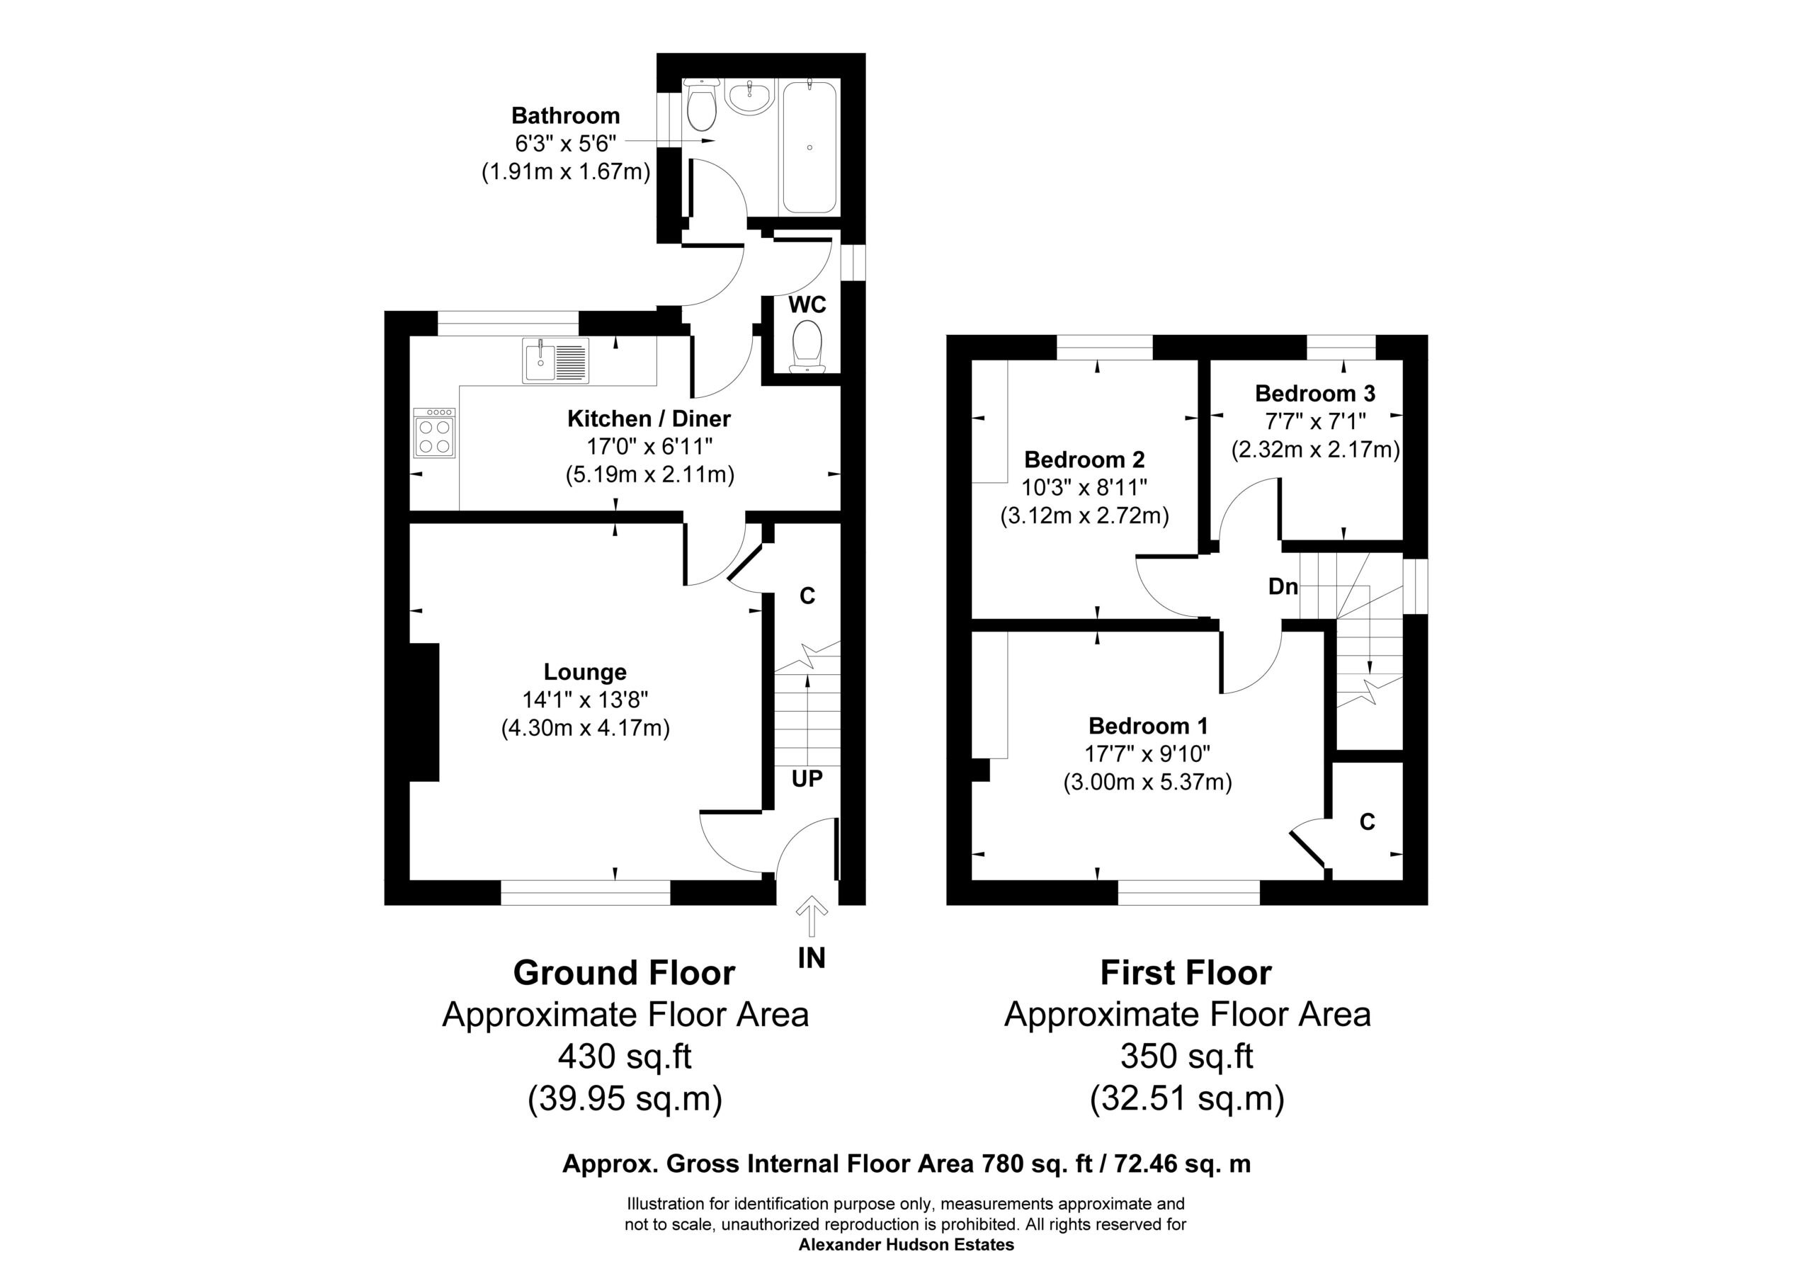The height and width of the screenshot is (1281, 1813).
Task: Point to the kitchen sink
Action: tap(556, 360)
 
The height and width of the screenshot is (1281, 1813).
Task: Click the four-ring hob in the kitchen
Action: tap(434, 433)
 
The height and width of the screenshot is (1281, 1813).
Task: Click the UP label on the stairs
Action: tap(807, 779)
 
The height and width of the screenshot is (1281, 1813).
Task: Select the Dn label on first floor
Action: tap(1283, 587)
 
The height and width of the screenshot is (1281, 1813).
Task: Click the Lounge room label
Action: tap(585, 672)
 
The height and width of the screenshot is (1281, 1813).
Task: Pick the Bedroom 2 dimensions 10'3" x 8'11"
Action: tap(1084, 487)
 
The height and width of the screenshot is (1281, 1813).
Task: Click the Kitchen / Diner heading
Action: tap(649, 419)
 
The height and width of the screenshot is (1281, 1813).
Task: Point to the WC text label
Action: tap(807, 305)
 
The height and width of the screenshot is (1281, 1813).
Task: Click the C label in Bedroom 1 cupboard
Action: tap(1368, 822)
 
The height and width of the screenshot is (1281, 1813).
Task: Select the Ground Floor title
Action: tap(624, 973)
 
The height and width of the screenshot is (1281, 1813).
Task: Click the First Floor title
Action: tap(1186, 973)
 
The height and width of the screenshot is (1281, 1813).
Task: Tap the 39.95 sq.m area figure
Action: tap(625, 1098)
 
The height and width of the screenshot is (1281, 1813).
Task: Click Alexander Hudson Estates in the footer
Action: tap(906, 1245)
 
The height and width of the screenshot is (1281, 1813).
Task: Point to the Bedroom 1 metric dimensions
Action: tap(1147, 782)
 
